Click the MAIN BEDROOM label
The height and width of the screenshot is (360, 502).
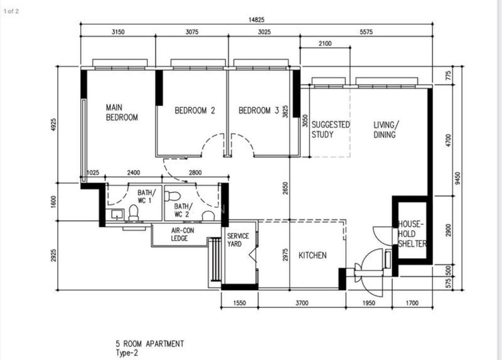click(122, 112)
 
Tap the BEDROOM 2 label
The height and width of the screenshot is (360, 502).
click(195, 111)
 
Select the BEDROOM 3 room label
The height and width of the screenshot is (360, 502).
click(259, 111)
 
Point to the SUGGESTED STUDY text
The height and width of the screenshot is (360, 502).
click(331, 129)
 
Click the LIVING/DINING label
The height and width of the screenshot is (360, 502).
click(386, 130)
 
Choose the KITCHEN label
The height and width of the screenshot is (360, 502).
click(312, 255)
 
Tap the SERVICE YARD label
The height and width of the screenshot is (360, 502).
click(238, 240)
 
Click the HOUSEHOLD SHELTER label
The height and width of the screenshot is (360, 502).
click(412, 233)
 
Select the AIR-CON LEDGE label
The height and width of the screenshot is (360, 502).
click(182, 234)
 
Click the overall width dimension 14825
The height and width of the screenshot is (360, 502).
click(257, 20)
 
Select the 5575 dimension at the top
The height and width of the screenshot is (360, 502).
click(366, 32)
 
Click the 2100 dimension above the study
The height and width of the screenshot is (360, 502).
click(325, 43)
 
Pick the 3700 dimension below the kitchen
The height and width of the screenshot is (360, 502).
click(302, 303)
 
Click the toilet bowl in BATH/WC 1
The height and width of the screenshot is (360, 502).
click(134, 213)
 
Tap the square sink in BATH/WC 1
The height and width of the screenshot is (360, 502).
click(117, 214)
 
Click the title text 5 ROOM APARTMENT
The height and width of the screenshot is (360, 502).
click(150, 344)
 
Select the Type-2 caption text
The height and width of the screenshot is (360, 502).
click(127, 353)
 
